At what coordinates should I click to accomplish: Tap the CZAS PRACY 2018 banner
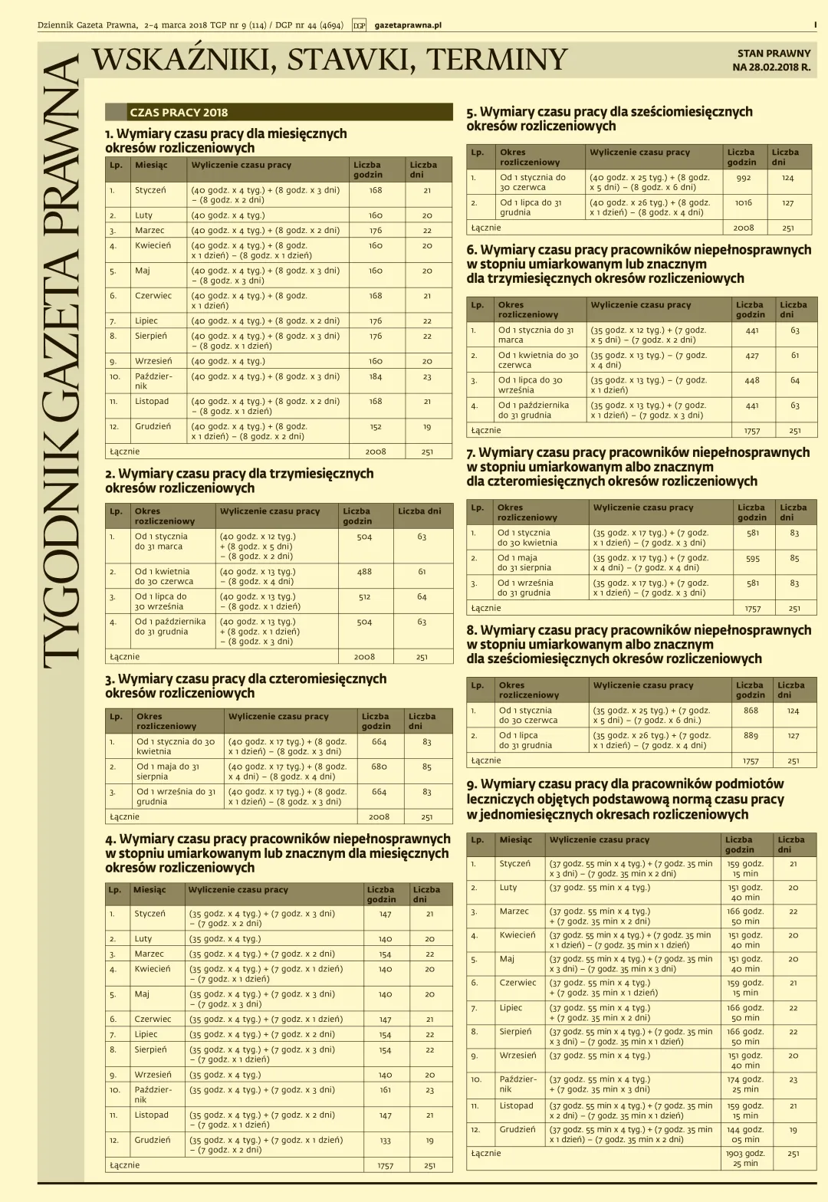179,113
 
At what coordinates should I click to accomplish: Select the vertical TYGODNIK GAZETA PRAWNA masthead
60,360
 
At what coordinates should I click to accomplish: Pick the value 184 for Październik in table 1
375,377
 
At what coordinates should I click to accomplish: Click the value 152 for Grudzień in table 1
375,427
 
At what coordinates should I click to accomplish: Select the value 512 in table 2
364,597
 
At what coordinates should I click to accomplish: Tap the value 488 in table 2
364,572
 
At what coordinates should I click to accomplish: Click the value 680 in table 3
379,767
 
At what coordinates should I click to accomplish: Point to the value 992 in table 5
743,178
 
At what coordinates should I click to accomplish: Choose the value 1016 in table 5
743,203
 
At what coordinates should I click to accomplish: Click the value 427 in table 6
751,356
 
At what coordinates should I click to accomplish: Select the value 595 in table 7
753,559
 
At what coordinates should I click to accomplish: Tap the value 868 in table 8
751,711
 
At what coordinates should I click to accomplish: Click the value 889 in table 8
751,736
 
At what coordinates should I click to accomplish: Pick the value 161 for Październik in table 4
385,1090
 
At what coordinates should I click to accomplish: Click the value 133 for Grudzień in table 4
385,1141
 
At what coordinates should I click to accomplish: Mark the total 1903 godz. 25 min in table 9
744,1158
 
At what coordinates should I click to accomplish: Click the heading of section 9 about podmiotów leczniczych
625,799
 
